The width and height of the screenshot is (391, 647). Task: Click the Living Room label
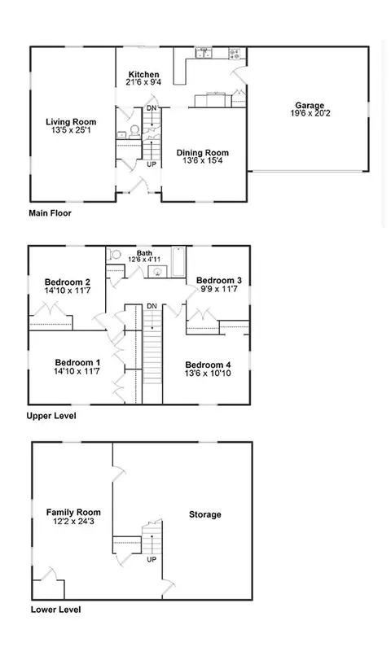click(71, 122)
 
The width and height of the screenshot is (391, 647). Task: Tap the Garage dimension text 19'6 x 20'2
click(310, 113)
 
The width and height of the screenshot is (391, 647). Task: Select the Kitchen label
click(143, 74)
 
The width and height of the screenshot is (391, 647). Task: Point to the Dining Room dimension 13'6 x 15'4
click(203, 160)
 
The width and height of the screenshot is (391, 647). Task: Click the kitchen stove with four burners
click(235, 53)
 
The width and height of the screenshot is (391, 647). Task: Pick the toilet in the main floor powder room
click(134, 131)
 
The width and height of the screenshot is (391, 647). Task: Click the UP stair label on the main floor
click(152, 164)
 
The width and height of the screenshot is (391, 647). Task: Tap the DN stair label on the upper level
click(152, 306)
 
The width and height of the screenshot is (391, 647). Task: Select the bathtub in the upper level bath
click(178, 261)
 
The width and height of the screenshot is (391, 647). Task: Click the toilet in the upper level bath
click(114, 254)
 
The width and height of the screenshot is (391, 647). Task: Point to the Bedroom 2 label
click(68, 282)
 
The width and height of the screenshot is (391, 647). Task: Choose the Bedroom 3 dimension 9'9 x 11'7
click(219, 289)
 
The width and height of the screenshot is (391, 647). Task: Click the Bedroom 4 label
click(208, 365)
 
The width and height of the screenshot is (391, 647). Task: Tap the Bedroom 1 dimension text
click(77, 371)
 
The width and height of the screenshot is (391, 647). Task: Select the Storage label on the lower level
click(205, 514)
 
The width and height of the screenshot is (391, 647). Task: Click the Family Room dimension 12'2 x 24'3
click(73, 521)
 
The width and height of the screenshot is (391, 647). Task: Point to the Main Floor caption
click(50, 213)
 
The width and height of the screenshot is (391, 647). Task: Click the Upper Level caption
click(51, 416)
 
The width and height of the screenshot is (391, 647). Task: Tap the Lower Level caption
click(55, 610)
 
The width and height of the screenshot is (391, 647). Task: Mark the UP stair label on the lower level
click(152, 560)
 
